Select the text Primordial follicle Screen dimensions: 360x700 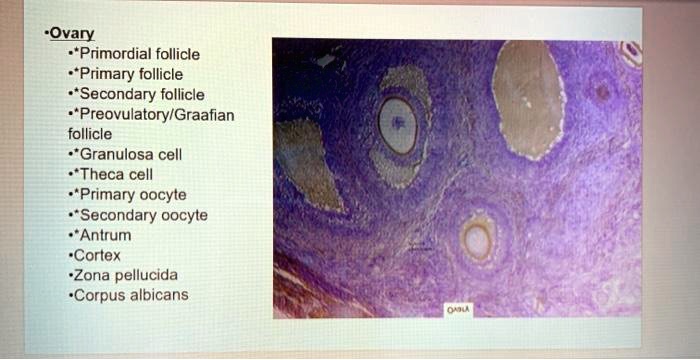(140, 53)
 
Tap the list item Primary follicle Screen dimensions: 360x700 (131, 73)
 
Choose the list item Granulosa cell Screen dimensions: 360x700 (130, 154)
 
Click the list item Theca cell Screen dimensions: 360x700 (116, 174)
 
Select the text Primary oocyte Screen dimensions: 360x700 (133, 194)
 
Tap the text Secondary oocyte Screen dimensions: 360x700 (143, 214)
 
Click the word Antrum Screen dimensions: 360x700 (105, 235)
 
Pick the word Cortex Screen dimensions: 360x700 (97, 255)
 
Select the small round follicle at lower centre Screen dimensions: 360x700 (477, 240)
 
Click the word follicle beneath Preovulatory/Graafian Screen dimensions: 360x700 (90, 133)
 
